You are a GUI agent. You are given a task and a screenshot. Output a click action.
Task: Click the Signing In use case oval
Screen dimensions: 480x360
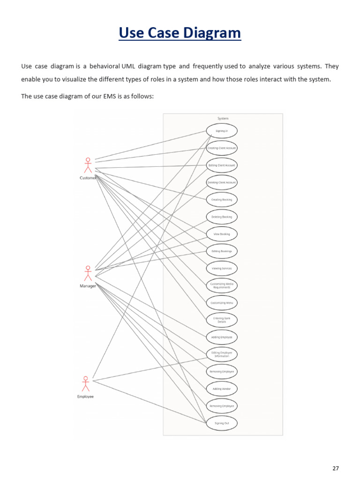tap(222, 131)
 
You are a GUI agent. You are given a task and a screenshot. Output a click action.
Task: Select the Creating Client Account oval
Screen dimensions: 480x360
tap(222, 148)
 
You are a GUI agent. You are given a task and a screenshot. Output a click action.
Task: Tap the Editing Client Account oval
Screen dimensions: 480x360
tap(222, 165)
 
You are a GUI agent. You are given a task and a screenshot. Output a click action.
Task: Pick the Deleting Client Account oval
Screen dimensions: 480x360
tap(222, 182)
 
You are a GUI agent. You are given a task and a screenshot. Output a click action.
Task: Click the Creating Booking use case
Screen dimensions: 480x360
tap(222, 200)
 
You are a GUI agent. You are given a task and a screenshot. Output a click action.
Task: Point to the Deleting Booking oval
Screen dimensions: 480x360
tap(222, 217)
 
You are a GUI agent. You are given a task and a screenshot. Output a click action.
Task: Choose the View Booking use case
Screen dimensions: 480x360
tap(222, 234)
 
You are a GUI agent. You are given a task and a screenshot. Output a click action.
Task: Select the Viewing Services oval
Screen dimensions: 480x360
tap(222, 269)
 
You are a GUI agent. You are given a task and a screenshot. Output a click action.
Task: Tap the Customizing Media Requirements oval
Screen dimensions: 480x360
tap(222, 285)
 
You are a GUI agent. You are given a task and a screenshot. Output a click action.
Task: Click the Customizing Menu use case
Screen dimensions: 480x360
tap(222, 303)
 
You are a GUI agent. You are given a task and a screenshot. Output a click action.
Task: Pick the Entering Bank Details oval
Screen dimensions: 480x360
tap(222, 320)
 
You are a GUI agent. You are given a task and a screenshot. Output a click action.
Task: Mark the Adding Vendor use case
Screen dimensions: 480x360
tap(222, 389)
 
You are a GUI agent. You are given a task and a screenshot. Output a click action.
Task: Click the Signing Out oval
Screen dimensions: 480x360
tap(222, 423)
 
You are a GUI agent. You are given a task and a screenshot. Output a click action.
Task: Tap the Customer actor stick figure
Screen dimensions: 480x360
tap(88, 165)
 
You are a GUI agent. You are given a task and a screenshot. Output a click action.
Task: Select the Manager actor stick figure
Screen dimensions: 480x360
tap(88, 273)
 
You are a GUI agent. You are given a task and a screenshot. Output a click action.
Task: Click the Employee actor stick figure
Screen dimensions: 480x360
tap(85, 383)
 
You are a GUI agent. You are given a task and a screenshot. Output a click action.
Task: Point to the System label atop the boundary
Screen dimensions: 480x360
tap(223, 119)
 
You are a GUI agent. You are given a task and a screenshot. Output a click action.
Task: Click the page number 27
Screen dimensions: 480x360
tap(335, 468)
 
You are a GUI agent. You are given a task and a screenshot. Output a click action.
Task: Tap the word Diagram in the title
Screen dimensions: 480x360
tap(213, 33)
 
